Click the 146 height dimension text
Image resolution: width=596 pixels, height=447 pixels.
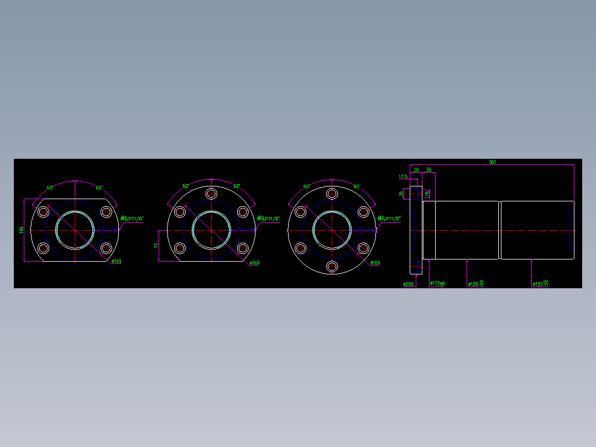(21, 229)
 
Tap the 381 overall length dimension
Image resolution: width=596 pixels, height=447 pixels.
(492, 162)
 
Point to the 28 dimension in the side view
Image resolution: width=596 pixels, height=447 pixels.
(416, 170)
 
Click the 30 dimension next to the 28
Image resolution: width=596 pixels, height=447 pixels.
(428, 170)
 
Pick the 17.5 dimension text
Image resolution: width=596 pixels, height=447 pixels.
(403, 177)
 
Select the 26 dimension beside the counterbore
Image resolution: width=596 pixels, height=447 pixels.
(401, 194)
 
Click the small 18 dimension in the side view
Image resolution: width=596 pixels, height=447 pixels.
(427, 194)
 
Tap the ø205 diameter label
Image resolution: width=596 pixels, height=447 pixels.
(409, 284)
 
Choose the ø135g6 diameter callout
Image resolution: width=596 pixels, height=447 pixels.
(437, 284)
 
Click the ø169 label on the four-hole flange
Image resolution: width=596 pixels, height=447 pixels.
(116, 262)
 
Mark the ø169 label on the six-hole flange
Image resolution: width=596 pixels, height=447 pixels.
(375, 263)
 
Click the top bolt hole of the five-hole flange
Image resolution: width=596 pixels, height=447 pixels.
(211, 194)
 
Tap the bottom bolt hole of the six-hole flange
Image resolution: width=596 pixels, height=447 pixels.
(332, 267)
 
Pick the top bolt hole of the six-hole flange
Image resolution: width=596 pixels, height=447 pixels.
(332, 194)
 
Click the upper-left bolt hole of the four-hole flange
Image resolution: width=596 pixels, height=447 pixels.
(43, 211)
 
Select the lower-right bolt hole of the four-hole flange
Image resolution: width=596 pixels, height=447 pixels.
(106, 248)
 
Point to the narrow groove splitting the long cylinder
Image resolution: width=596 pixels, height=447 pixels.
(500, 230)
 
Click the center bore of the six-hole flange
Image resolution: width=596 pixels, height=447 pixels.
(332, 230)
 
